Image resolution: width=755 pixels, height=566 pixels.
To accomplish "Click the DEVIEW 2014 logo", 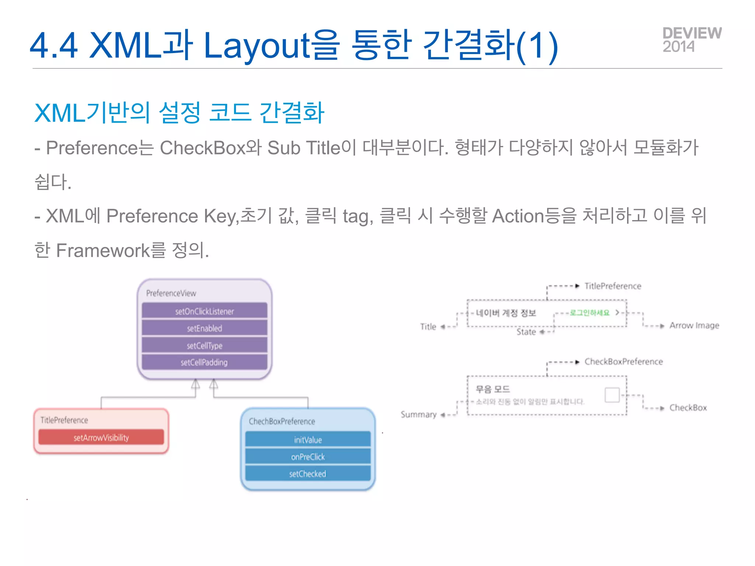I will point(692,40).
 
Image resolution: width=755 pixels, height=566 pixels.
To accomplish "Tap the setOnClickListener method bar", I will point(204,311).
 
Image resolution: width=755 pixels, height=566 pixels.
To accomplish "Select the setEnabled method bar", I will point(204,328).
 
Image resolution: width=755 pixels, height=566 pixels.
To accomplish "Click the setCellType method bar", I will point(204,345).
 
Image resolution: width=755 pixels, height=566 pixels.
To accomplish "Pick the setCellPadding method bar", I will point(204,362).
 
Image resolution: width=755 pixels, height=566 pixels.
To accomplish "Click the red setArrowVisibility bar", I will point(101,437).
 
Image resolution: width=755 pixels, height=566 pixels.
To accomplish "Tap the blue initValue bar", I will point(308,440).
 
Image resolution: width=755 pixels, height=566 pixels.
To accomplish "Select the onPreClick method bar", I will point(308,457).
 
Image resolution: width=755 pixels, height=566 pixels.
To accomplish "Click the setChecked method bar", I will point(308,474).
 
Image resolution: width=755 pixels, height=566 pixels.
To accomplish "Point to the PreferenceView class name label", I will point(171,293).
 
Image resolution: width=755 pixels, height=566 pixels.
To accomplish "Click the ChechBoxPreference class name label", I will point(282,421).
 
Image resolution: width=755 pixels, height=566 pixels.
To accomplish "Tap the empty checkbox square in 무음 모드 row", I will point(612,395).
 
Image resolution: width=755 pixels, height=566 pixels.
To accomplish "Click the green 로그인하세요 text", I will point(589,313).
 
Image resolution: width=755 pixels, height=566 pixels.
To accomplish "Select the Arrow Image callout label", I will point(694,325).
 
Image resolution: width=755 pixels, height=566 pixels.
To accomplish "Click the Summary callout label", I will point(418,415).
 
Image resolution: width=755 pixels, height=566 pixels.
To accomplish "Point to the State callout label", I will point(526,332).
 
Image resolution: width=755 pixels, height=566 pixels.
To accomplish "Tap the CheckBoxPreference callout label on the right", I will point(623,361).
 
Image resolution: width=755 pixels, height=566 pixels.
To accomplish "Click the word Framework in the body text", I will point(103,251).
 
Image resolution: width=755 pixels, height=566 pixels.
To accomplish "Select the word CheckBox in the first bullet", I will point(202,148).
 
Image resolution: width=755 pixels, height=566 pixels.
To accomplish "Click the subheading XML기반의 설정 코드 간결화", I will point(179,113).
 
